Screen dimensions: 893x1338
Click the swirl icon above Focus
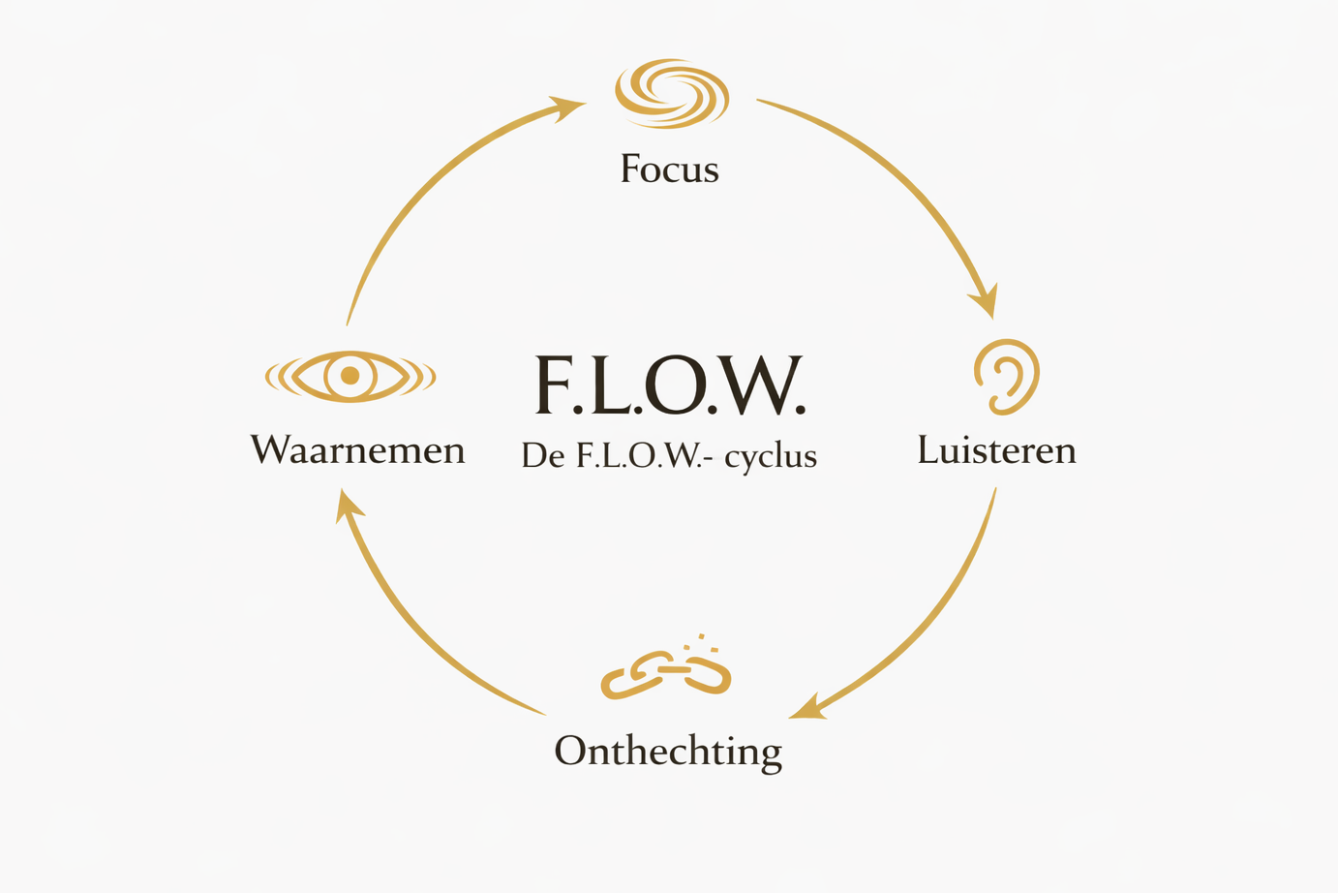tap(671, 94)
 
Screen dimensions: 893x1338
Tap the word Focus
tap(669, 169)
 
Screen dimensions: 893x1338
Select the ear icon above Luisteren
tap(1006, 377)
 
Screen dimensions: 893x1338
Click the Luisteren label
tap(996, 450)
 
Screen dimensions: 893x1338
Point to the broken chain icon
tap(666, 674)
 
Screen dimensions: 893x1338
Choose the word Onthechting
tap(668, 752)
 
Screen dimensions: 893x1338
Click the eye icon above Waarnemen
tap(350, 376)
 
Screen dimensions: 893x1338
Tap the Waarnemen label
tap(357, 450)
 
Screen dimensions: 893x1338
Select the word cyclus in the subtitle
tap(771, 456)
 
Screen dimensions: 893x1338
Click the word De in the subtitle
tap(542, 455)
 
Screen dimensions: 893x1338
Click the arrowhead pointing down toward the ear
tap(986, 302)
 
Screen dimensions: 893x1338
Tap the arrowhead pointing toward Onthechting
tap(806, 708)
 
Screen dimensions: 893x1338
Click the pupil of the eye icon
tap(350, 376)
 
